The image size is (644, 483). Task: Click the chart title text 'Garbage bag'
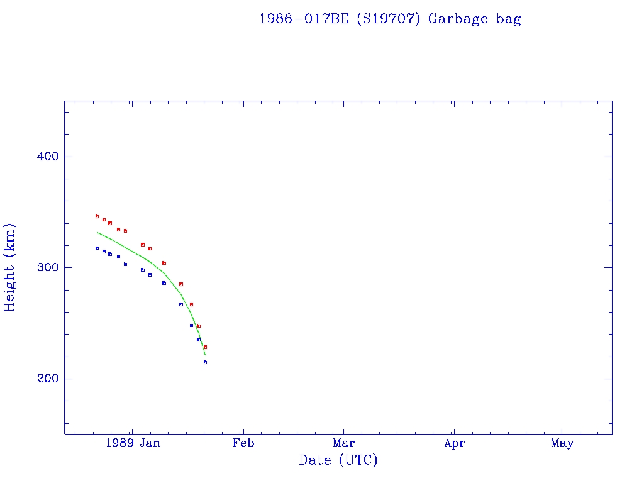coord(474,19)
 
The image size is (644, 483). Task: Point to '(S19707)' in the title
coord(387,19)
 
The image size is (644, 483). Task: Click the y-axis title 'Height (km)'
coord(10,267)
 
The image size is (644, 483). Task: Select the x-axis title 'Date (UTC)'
coord(338,461)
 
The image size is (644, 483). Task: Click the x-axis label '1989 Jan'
coord(133,443)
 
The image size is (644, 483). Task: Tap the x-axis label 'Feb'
coord(243,443)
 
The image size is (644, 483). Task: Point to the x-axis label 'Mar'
coord(344,443)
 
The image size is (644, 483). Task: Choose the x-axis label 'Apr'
coord(454,443)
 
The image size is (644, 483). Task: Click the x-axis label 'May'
coord(562,443)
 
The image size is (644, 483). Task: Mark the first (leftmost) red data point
coord(97,216)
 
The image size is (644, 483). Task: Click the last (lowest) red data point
coord(205,347)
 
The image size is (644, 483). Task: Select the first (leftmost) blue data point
coord(97,248)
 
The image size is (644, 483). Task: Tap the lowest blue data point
coord(205,362)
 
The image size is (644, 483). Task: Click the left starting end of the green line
coord(97,233)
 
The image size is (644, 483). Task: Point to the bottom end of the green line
coord(205,355)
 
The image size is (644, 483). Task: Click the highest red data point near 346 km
coord(97,216)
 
